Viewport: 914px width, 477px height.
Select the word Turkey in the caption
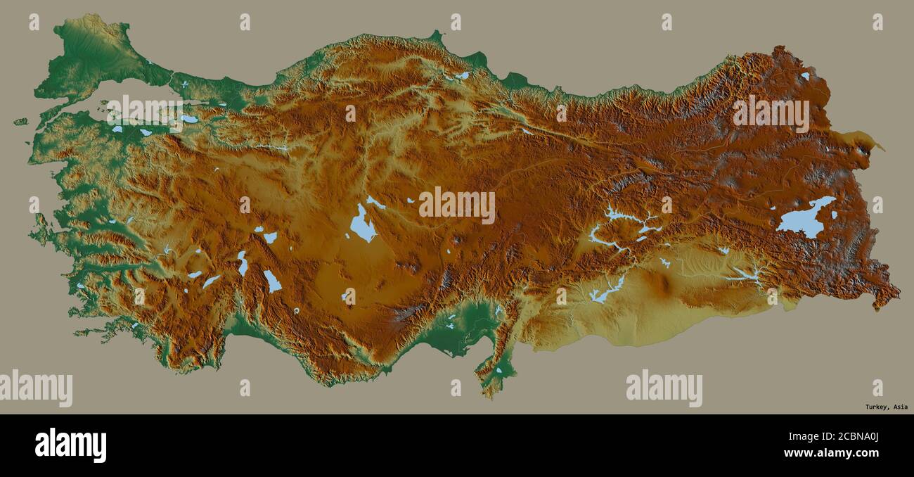876,407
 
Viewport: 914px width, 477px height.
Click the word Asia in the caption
900,407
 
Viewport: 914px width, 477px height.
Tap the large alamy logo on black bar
70,445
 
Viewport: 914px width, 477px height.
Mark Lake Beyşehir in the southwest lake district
272,281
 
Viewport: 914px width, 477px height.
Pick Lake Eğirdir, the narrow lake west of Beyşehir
243,264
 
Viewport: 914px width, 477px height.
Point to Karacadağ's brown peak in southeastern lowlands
659,283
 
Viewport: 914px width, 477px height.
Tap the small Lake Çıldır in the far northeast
804,75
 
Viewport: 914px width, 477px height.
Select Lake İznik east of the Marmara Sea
189,119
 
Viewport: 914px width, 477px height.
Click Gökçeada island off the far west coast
20,122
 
